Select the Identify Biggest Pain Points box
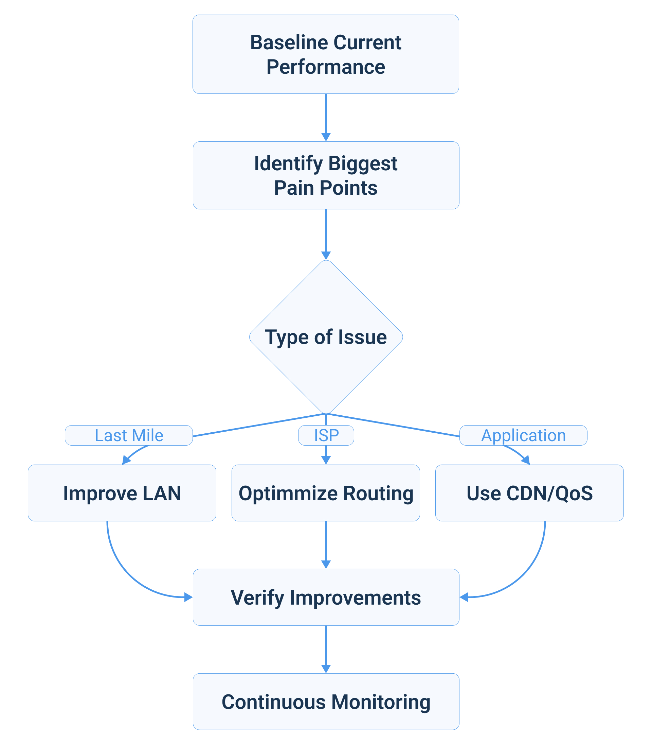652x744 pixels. click(x=325, y=175)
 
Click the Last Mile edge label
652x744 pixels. click(x=128, y=435)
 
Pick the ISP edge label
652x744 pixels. click(x=326, y=435)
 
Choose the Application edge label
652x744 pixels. click(x=523, y=435)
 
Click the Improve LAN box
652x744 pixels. click(x=122, y=493)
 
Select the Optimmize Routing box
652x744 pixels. click(x=325, y=493)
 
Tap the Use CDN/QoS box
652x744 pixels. click(x=529, y=493)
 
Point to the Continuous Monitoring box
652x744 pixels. click(x=325, y=702)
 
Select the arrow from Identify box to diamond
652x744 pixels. click(x=326, y=233)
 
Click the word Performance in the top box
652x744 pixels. click(x=325, y=67)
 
